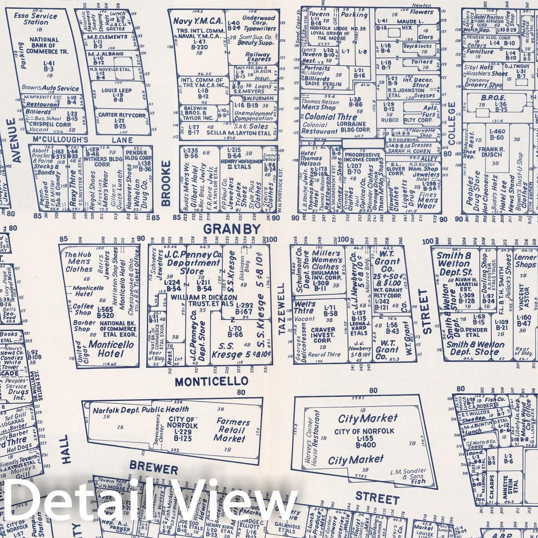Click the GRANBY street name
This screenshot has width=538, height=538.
click(232, 229)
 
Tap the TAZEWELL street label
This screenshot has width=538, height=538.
click(282, 309)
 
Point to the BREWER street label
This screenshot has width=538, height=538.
click(154, 468)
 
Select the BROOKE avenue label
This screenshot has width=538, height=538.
click(166, 183)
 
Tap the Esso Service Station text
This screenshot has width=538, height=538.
click(35, 18)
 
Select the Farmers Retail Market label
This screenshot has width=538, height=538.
click(232, 429)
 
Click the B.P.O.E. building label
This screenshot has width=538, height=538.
click(493, 98)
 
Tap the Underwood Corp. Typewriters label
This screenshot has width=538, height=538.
click(259, 23)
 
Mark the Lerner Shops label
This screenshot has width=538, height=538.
click(525, 261)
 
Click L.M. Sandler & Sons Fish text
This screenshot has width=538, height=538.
click(408, 476)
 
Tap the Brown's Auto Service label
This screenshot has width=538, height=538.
click(51, 88)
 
